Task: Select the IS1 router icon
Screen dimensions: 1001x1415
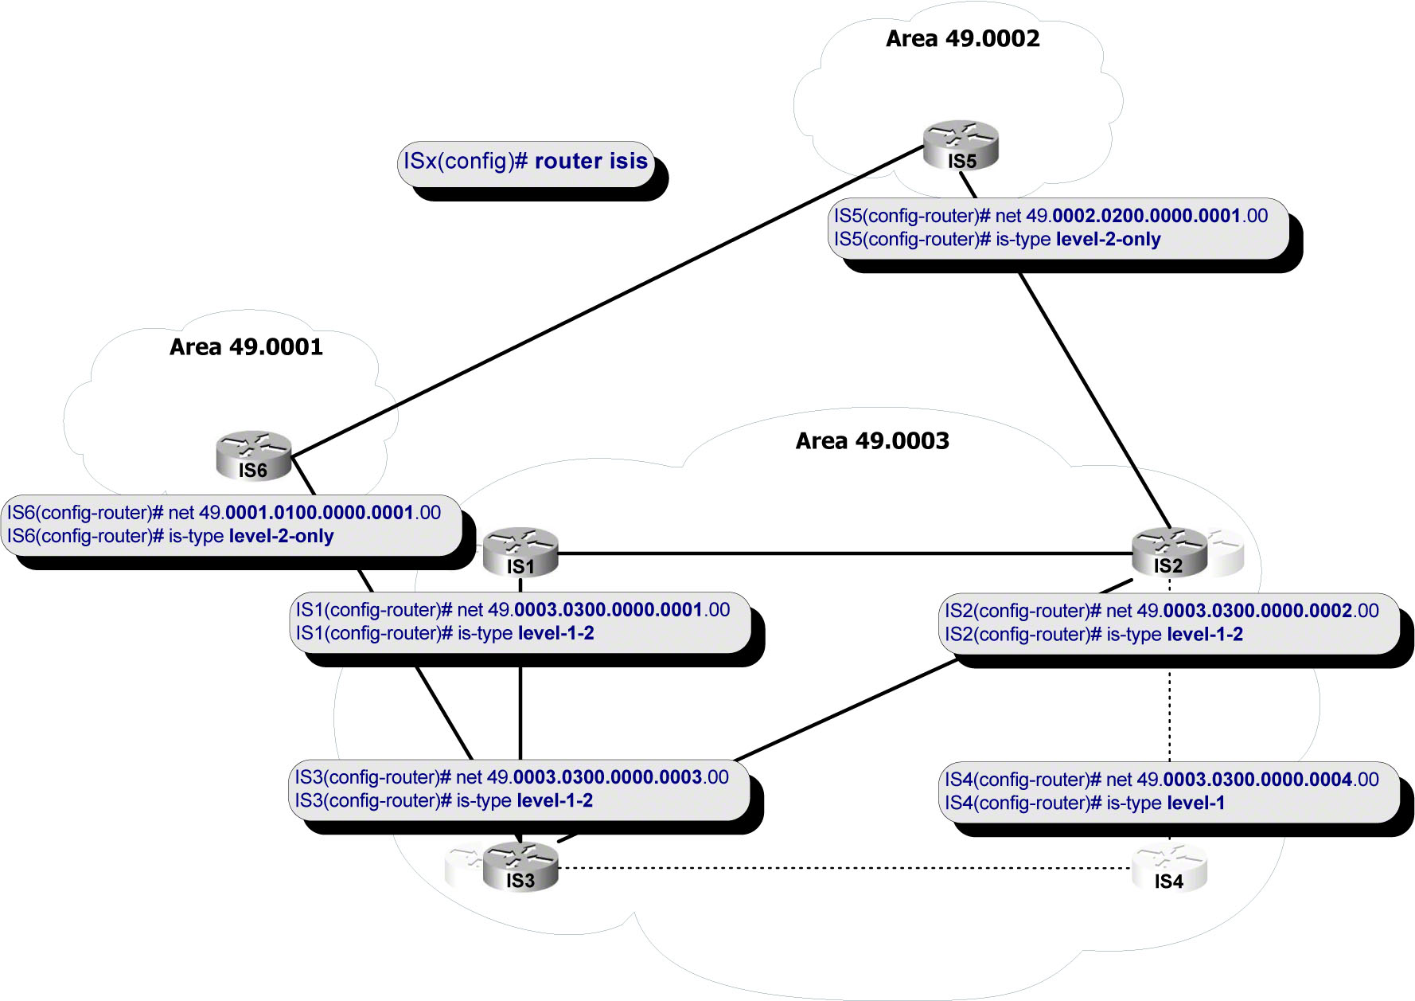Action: point(520,550)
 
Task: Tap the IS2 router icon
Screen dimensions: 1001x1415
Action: point(1169,550)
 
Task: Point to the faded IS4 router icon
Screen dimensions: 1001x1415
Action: point(1169,868)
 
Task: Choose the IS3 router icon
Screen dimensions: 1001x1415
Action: point(520,867)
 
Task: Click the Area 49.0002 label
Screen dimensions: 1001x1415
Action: point(962,38)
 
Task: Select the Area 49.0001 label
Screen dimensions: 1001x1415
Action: point(246,347)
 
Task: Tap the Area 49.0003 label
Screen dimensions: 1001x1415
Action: point(872,441)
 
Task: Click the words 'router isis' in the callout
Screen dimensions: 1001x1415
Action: point(591,161)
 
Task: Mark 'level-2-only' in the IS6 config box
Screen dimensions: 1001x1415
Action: point(281,537)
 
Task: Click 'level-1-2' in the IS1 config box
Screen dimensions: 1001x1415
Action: point(555,634)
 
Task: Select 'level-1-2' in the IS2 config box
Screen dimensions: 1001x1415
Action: point(1204,635)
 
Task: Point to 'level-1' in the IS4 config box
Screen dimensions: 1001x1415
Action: point(1195,804)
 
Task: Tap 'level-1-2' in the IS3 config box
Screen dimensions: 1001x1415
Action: point(555,801)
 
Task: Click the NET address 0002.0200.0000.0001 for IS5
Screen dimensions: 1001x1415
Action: point(1146,216)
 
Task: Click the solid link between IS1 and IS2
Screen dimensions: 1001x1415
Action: point(844,553)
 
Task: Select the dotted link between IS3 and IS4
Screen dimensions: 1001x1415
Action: point(844,868)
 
